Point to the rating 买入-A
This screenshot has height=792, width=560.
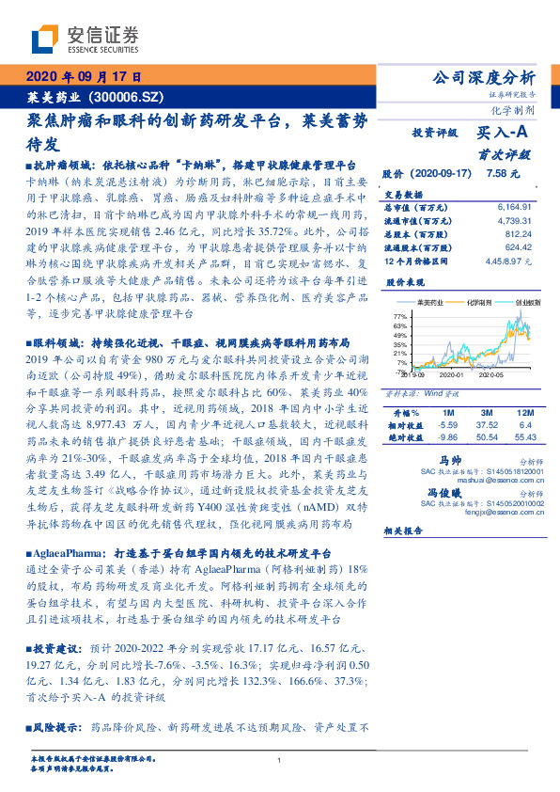click(505, 135)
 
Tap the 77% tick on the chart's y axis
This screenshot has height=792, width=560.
click(399, 315)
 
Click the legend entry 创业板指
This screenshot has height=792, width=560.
click(526, 304)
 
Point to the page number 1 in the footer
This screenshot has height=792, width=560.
click(280, 761)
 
